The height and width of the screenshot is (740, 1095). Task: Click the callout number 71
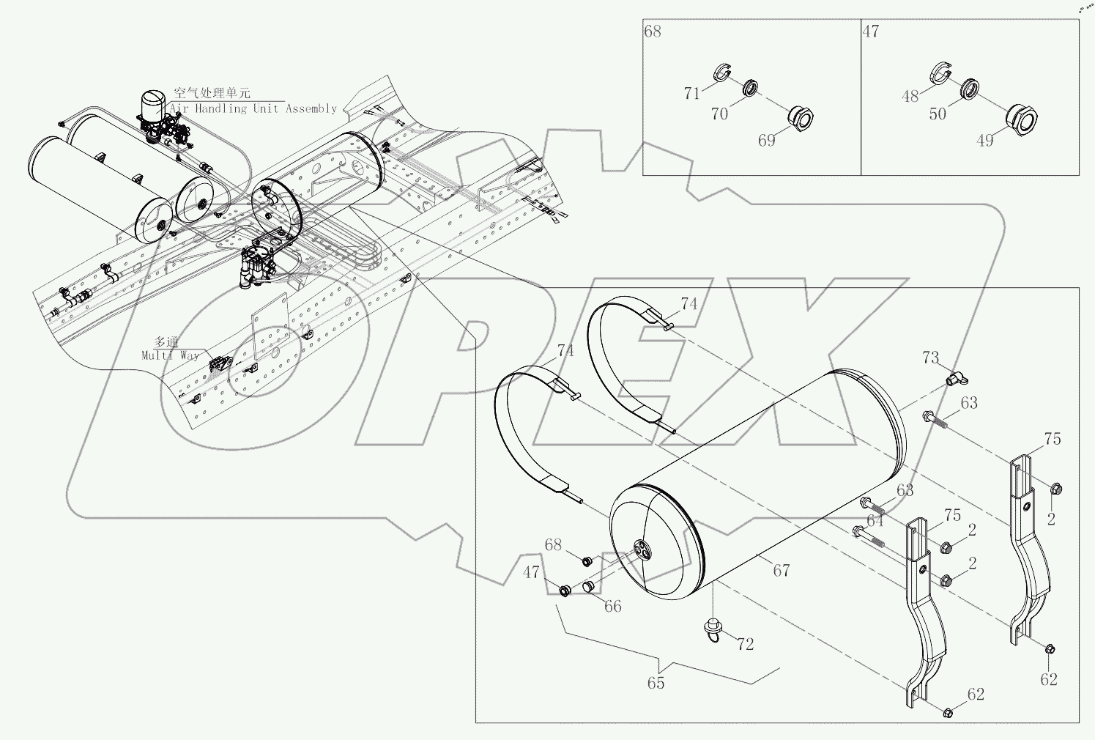(x=692, y=93)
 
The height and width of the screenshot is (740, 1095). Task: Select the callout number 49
(x=986, y=139)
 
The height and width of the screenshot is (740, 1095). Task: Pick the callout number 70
(x=720, y=114)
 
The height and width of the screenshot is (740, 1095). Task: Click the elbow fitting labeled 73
(x=954, y=378)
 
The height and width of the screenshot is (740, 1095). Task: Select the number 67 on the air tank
(x=782, y=569)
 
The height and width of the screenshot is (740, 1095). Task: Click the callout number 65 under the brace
(x=656, y=683)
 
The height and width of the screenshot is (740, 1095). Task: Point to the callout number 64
(x=875, y=520)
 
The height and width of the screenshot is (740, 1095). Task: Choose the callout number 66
(x=612, y=606)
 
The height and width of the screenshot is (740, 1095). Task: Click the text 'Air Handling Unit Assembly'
(x=253, y=108)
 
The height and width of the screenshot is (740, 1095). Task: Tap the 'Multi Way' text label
(x=170, y=355)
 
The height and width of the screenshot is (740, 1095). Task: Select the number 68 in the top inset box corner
(x=653, y=32)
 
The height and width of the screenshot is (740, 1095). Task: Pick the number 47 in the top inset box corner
(x=871, y=32)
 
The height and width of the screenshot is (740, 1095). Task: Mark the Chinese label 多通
(x=166, y=341)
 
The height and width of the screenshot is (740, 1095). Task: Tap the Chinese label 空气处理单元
(x=212, y=93)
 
